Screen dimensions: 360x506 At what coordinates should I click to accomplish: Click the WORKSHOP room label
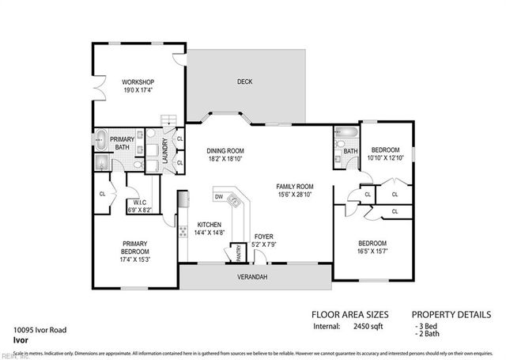pyautogui.click(x=137, y=82)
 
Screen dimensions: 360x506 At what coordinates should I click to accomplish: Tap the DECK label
pyautogui.click(x=244, y=82)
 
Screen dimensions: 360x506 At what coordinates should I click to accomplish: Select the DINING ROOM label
pyautogui.click(x=225, y=150)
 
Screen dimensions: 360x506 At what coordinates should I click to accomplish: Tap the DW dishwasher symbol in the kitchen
pyautogui.click(x=219, y=196)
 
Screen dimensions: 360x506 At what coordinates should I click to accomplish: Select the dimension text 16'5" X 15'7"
pyautogui.click(x=372, y=252)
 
